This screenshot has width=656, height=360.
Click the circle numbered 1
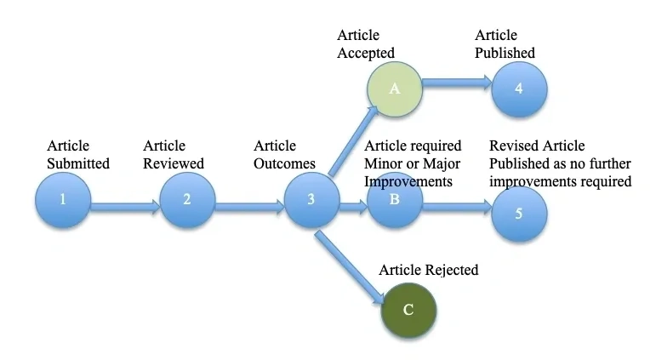tap(62, 201)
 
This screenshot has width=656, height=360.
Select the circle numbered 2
tap(187, 201)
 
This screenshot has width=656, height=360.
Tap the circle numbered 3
tap(311, 201)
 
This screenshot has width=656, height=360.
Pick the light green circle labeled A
tap(395, 89)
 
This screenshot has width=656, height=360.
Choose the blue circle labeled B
tap(395, 201)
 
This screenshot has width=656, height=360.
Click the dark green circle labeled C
tap(408, 310)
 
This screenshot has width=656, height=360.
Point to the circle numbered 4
tap(519, 89)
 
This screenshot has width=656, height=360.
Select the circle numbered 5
tap(519, 212)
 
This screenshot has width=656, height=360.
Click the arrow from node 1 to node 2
tap(124, 204)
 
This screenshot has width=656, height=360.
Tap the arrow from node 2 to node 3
tap(248, 204)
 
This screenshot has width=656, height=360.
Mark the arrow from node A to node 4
tap(456, 83)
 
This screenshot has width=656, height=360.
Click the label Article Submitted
tap(78, 155)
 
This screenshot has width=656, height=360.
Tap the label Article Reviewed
tap(174, 155)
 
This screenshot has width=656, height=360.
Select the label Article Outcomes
tap(284, 155)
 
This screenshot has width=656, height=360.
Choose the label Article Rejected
tap(428, 271)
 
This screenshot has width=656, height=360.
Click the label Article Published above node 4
tap(505, 44)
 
